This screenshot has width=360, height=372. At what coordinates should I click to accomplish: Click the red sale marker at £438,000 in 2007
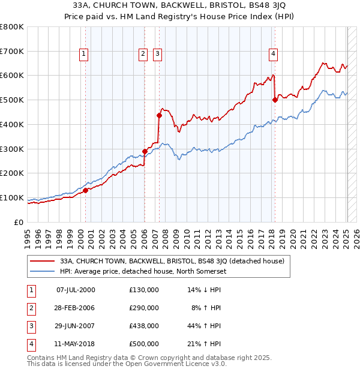pos(159,115)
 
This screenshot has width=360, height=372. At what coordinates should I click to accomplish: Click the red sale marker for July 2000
pos(85,190)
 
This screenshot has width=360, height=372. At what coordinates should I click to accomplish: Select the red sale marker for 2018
pos(275,100)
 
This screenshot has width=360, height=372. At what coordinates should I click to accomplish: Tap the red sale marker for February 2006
pos(145,151)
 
